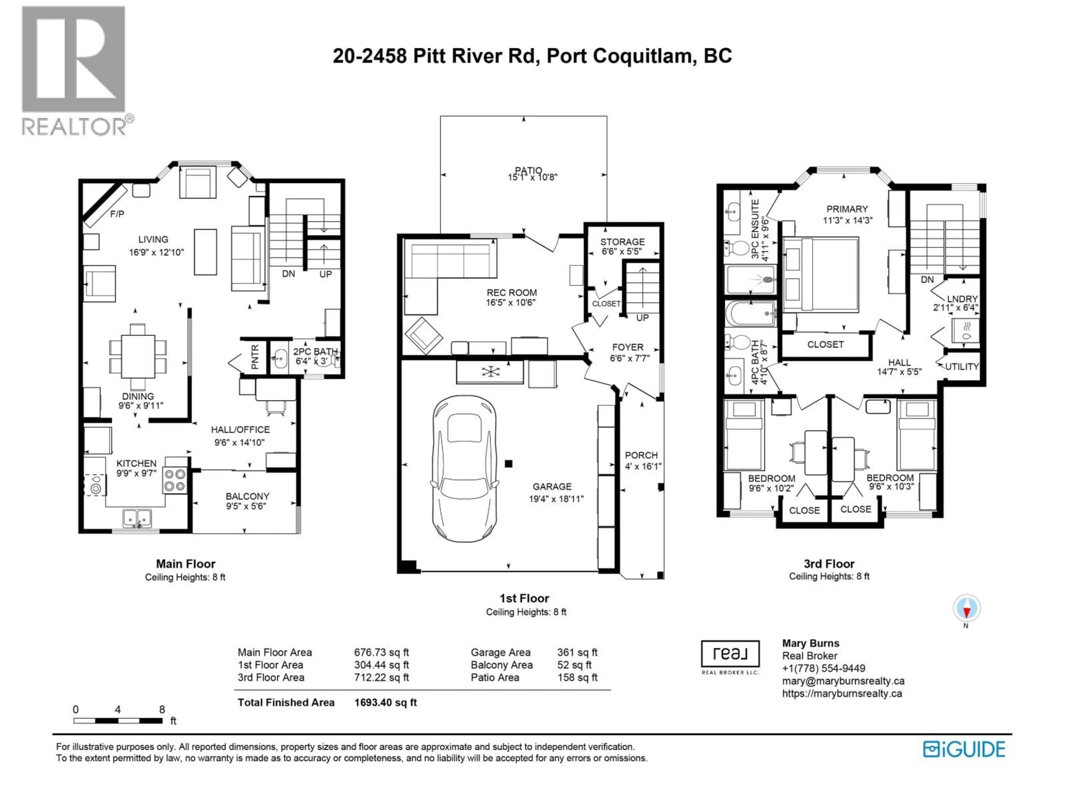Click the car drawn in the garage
click(465, 468)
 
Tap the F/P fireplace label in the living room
click(117, 214)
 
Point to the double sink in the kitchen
click(137, 518)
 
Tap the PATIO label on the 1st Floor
click(528, 171)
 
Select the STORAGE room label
click(622, 242)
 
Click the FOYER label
click(627, 347)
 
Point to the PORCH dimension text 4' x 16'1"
click(643, 466)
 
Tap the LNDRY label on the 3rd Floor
click(962, 299)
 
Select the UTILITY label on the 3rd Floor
click(962, 366)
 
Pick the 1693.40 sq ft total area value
click(385, 702)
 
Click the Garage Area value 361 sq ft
click(577, 652)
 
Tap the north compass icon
click(966, 609)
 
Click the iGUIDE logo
click(964, 749)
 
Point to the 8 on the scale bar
click(162, 709)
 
